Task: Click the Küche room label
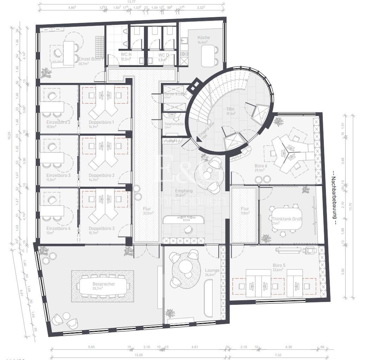tap(203, 38)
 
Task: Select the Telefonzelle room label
tap(174, 124)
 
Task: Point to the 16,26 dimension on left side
tap(14, 136)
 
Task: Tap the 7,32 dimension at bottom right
tap(278, 355)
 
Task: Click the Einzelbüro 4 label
tap(58, 228)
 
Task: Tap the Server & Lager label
tap(176, 94)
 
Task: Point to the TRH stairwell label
tap(231, 109)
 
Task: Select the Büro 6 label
tap(261, 166)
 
